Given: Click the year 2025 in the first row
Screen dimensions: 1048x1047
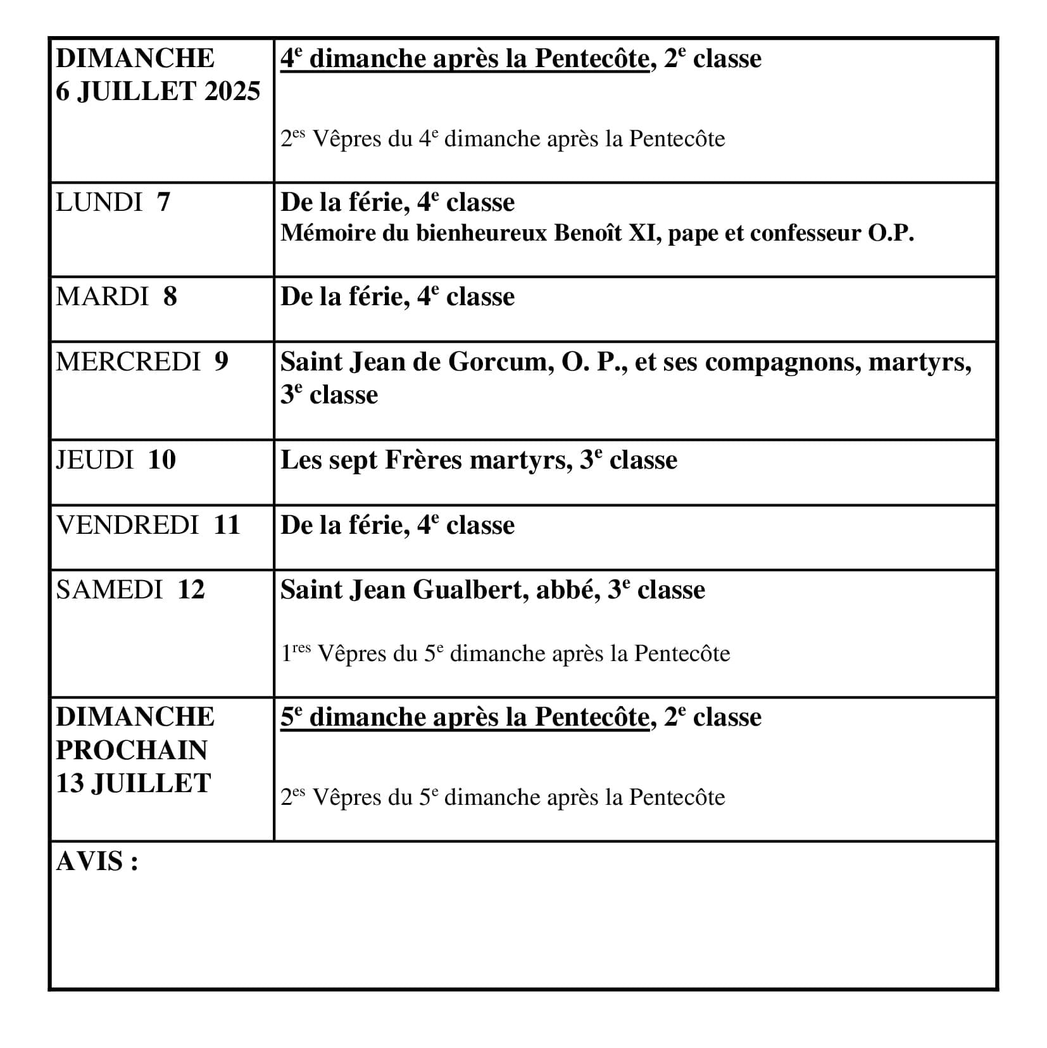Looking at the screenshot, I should (x=232, y=92).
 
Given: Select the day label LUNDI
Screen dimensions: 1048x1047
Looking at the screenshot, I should (x=99, y=203).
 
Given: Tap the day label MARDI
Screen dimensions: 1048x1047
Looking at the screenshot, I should (x=102, y=297).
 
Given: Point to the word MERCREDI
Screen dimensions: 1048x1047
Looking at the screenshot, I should (x=128, y=362).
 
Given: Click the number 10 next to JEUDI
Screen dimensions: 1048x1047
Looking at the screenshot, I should (x=162, y=460).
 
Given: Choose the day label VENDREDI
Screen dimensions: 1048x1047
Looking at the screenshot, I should (x=127, y=525).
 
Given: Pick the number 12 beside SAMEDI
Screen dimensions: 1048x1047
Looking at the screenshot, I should (x=191, y=590).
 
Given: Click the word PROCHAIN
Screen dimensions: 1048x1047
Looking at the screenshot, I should (x=132, y=750).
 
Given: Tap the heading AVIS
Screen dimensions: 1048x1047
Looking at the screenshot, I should (x=97, y=862).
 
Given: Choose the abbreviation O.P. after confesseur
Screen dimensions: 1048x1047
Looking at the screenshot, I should (x=891, y=234).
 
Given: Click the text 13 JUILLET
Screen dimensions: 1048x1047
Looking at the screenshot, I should (x=133, y=784).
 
